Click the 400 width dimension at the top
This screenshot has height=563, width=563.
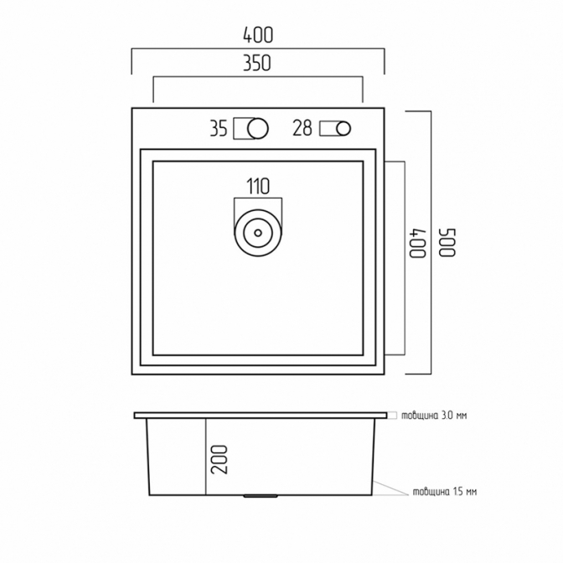[258, 35]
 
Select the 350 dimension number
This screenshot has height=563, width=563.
[257, 63]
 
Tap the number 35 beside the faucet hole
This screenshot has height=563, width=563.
[219, 128]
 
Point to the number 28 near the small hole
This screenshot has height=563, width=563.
[302, 128]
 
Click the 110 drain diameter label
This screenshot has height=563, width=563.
[258, 186]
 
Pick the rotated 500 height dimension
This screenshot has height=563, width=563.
[447, 242]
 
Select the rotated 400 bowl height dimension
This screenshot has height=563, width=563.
[418, 243]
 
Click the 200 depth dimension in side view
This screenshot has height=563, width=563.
[220, 460]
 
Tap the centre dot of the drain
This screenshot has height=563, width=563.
[258, 233]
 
